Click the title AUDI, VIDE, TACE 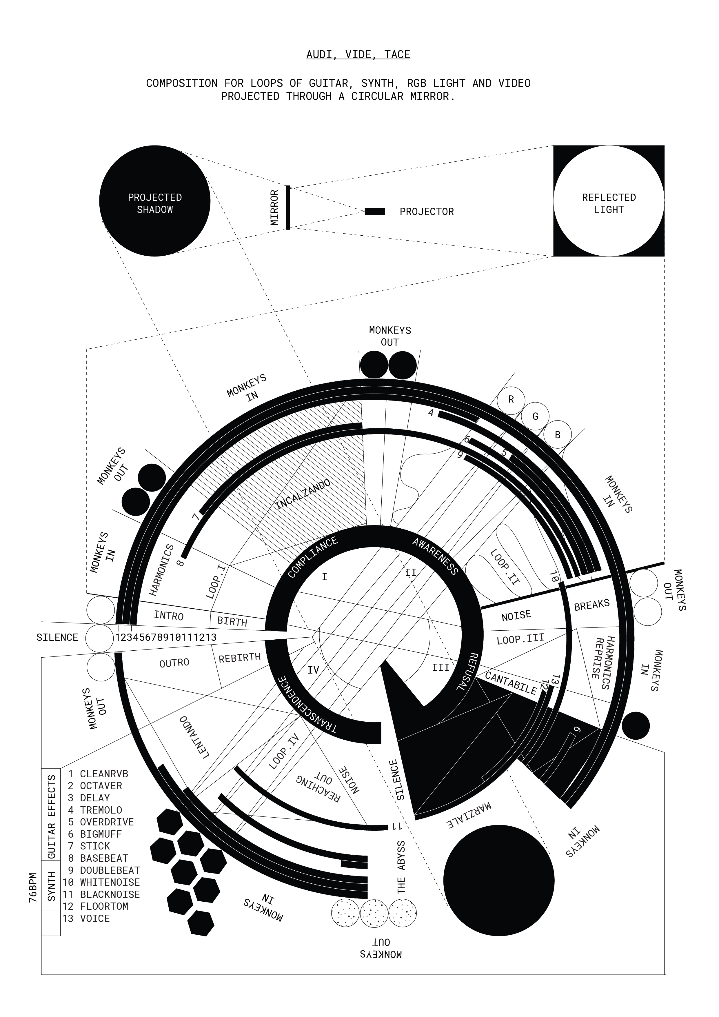[358, 54]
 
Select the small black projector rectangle [375, 211]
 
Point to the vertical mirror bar [287, 207]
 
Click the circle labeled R [511, 400]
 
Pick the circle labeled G [535, 416]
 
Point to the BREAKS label [591, 605]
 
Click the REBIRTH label [240, 658]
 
